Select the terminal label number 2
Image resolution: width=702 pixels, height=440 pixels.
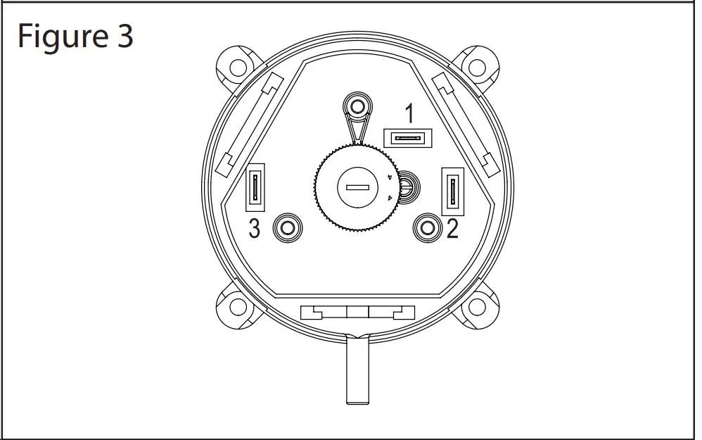coord(452,229)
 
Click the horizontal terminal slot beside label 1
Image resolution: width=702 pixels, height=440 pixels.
coord(408,137)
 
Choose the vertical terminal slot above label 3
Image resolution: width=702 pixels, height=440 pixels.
coord(255,188)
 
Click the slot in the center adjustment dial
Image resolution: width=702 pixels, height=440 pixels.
coord(357,187)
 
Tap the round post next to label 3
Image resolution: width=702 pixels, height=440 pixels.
coord(286,227)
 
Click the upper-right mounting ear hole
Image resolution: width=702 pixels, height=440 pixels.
coord(478,68)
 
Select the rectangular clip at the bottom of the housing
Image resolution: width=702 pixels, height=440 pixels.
coord(357,313)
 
